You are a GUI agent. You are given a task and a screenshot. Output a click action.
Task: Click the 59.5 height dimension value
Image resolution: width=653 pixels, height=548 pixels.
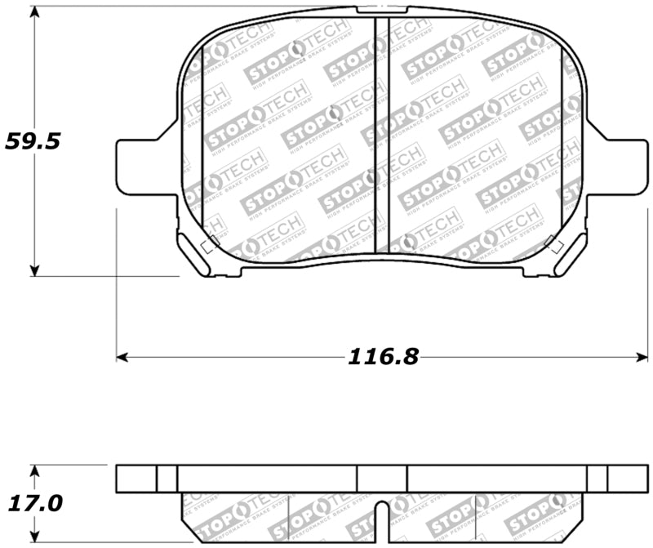tap(33, 140)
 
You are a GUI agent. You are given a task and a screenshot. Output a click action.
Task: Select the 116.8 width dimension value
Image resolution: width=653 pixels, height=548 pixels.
tap(383, 356)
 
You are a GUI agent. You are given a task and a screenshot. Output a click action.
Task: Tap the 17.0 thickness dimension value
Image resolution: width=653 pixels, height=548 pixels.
tap(33, 502)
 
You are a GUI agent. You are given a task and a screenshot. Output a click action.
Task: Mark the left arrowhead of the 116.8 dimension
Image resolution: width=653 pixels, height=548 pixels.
tap(123, 357)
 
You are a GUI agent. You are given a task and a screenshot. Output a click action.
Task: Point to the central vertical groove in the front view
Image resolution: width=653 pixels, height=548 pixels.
tap(380, 135)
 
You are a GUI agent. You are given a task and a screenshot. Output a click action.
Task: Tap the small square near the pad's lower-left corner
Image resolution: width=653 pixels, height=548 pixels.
tap(209, 243)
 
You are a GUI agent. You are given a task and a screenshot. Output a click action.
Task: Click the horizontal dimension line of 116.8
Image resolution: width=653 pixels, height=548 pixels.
tap(245, 357)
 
